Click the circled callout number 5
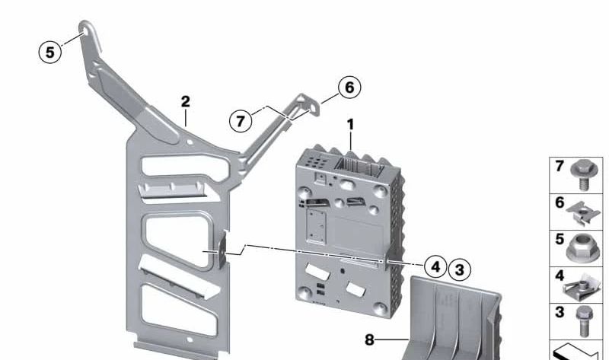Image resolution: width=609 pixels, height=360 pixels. click(50, 52)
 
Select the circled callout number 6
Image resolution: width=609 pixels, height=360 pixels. click(349, 88)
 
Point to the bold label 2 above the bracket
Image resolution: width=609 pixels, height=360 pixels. click(185, 101)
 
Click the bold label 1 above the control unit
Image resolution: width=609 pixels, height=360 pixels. click(350, 123)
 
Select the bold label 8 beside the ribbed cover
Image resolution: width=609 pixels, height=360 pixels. click(369, 340)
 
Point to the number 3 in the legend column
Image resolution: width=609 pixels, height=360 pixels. click(558, 311)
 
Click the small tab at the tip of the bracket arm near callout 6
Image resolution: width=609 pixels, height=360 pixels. click(308, 103)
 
